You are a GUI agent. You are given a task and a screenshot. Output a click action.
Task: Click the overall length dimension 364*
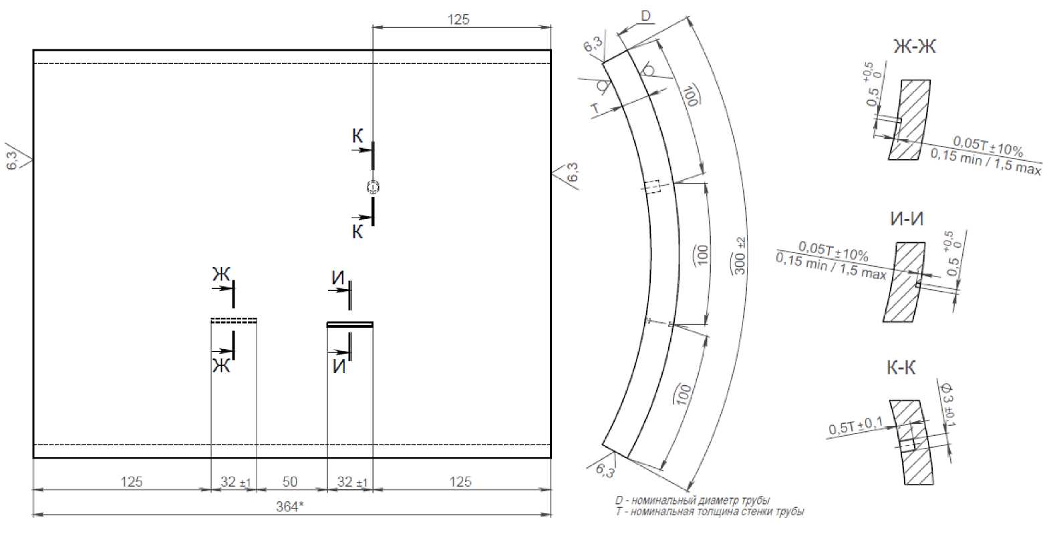point(289,506)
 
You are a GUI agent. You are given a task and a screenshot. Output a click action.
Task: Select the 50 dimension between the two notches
point(289,481)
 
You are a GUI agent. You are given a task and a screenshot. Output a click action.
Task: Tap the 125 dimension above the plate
point(458,19)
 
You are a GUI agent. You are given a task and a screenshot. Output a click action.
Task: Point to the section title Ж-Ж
point(915,47)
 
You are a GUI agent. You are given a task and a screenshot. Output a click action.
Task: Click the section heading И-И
point(907,219)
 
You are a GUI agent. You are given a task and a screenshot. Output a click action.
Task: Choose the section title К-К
point(901,368)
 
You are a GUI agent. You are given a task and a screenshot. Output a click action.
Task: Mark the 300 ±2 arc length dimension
point(739,256)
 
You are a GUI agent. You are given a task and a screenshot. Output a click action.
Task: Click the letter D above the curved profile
point(645,16)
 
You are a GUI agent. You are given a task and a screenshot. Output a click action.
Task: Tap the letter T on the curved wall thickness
point(595,109)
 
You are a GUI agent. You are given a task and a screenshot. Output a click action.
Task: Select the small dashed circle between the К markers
point(373,187)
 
